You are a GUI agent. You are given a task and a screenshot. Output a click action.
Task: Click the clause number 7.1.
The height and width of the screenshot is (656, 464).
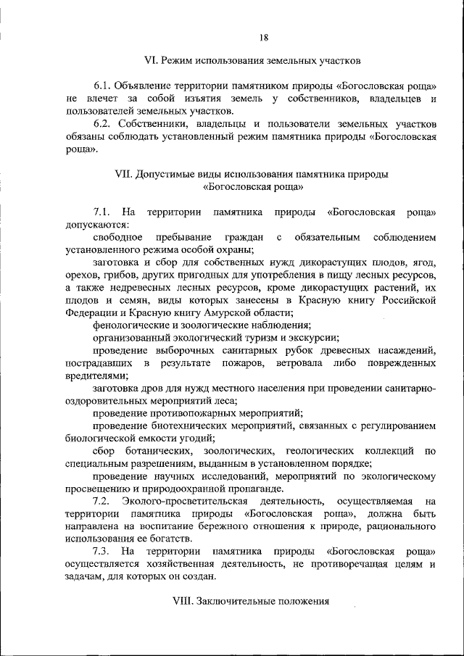[x=101, y=212]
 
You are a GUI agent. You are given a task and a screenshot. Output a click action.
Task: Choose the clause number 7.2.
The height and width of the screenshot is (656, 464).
[x=102, y=501]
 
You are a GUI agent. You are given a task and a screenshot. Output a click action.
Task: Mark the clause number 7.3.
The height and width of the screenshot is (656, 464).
[x=102, y=552]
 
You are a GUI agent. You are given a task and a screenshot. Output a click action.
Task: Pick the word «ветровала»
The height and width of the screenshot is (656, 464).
[x=291, y=362]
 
